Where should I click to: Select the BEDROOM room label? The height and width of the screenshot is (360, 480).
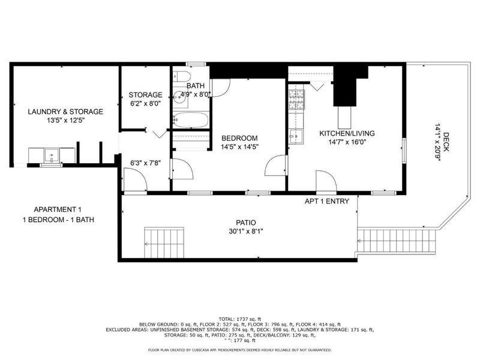pos(239,137)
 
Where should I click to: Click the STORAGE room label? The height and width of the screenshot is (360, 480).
pos(145,95)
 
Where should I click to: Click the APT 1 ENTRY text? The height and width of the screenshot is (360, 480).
pos(326,202)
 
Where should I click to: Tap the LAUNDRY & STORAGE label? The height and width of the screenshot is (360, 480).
pos(65,112)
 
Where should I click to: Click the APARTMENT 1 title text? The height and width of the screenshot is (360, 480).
pos(58,209)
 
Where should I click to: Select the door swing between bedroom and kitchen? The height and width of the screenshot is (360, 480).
pos(277,166)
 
